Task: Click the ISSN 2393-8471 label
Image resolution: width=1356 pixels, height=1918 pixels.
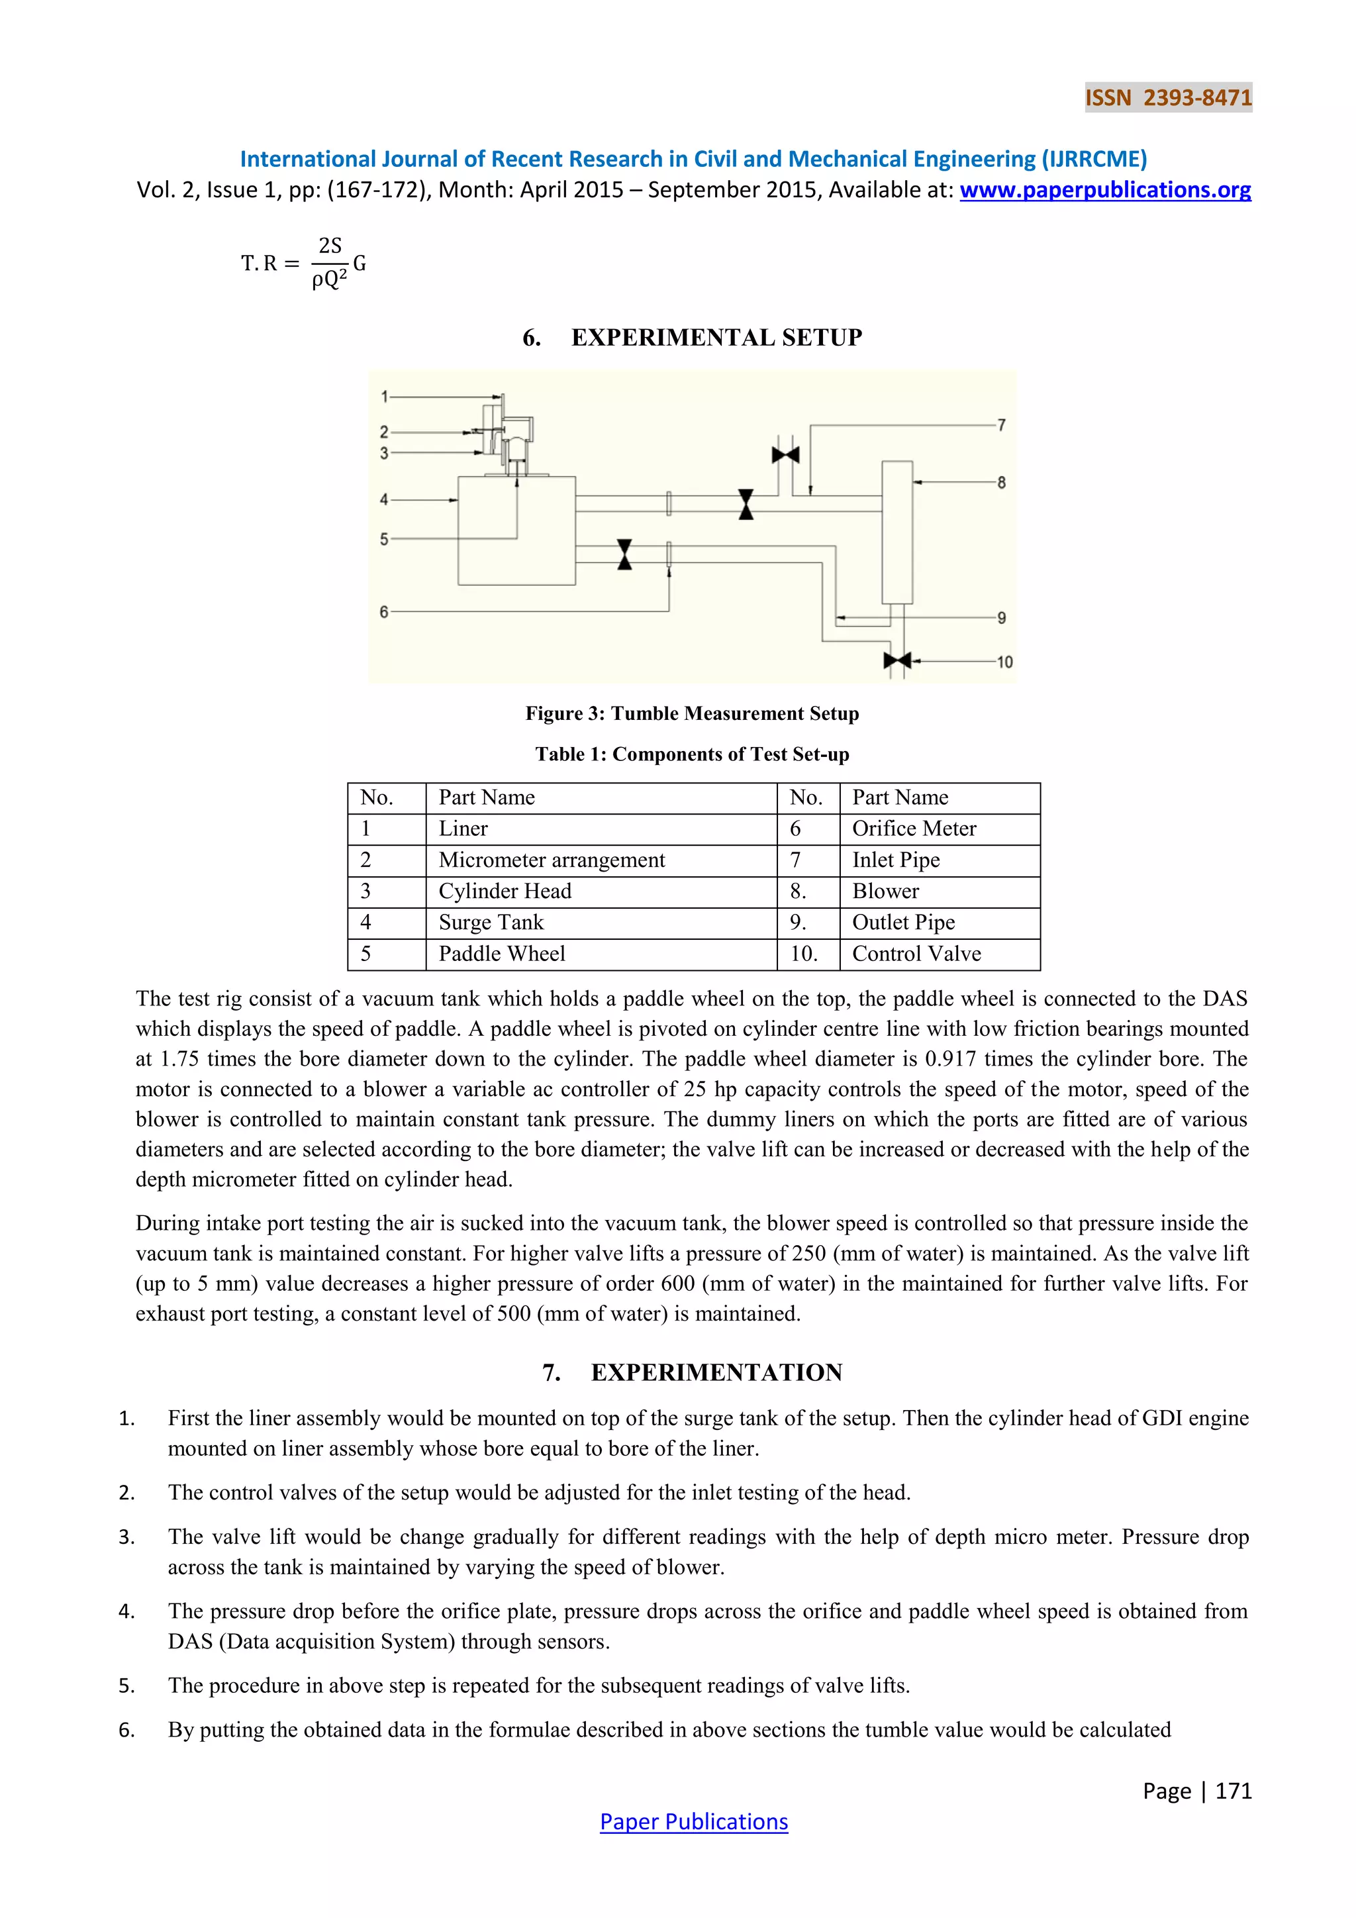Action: pyautogui.click(x=1167, y=98)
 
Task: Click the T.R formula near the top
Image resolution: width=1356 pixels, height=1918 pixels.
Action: pyautogui.click(x=304, y=263)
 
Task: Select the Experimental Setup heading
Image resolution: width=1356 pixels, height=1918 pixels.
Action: pyautogui.click(x=692, y=338)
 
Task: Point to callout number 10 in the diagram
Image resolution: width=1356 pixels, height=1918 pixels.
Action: pyautogui.click(x=1004, y=662)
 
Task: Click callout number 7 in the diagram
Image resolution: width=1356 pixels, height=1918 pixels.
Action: pyautogui.click(x=1001, y=425)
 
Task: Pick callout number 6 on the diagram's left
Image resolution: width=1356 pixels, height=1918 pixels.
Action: pyautogui.click(x=384, y=611)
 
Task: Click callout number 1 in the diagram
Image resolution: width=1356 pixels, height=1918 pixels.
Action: pyautogui.click(x=384, y=396)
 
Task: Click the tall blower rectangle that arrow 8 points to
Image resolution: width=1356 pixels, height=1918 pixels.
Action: pyautogui.click(x=896, y=531)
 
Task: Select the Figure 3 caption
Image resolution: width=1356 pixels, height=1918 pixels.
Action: pyautogui.click(x=692, y=713)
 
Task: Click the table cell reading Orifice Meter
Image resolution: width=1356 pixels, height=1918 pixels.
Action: pyautogui.click(x=914, y=829)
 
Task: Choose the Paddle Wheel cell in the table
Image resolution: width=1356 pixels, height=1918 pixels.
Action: pyautogui.click(x=502, y=954)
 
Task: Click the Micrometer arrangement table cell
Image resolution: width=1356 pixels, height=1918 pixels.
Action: pyautogui.click(x=552, y=860)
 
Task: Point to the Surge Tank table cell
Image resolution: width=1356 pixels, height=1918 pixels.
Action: pyautogui.click(x=491, y=923)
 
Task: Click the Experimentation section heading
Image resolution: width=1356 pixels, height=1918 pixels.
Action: pyautogui.click(x=692, y=1372)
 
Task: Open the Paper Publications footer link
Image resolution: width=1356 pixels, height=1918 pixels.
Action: pyautogui.click(x=693, y=1822)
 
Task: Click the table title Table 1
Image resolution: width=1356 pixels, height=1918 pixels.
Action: pyautogui.click(x=692, y=754)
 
